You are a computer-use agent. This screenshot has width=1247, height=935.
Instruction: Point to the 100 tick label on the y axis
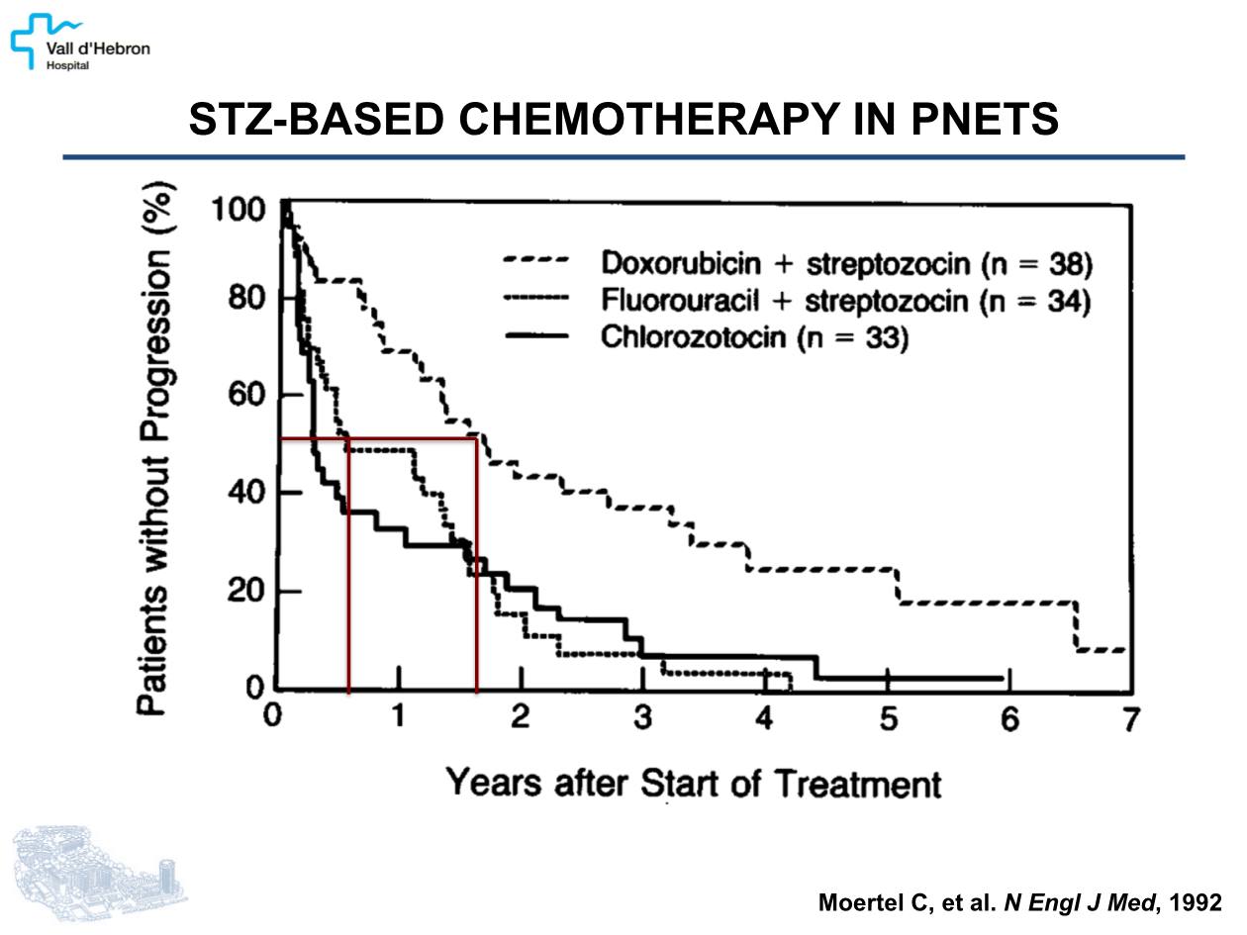pos(238,211)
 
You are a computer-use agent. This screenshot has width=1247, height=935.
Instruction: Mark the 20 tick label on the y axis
pos(245,592)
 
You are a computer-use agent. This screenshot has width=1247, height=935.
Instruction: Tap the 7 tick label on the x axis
pos(1130,719)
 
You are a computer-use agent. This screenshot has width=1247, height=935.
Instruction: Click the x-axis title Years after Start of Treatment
pos(693,784)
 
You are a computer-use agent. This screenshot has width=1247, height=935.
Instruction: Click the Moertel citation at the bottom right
pos(1019,902)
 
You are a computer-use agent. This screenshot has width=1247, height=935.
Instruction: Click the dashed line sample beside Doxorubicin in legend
pos(535,262)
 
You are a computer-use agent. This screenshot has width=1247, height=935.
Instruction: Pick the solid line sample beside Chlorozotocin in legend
pos(535,336)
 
